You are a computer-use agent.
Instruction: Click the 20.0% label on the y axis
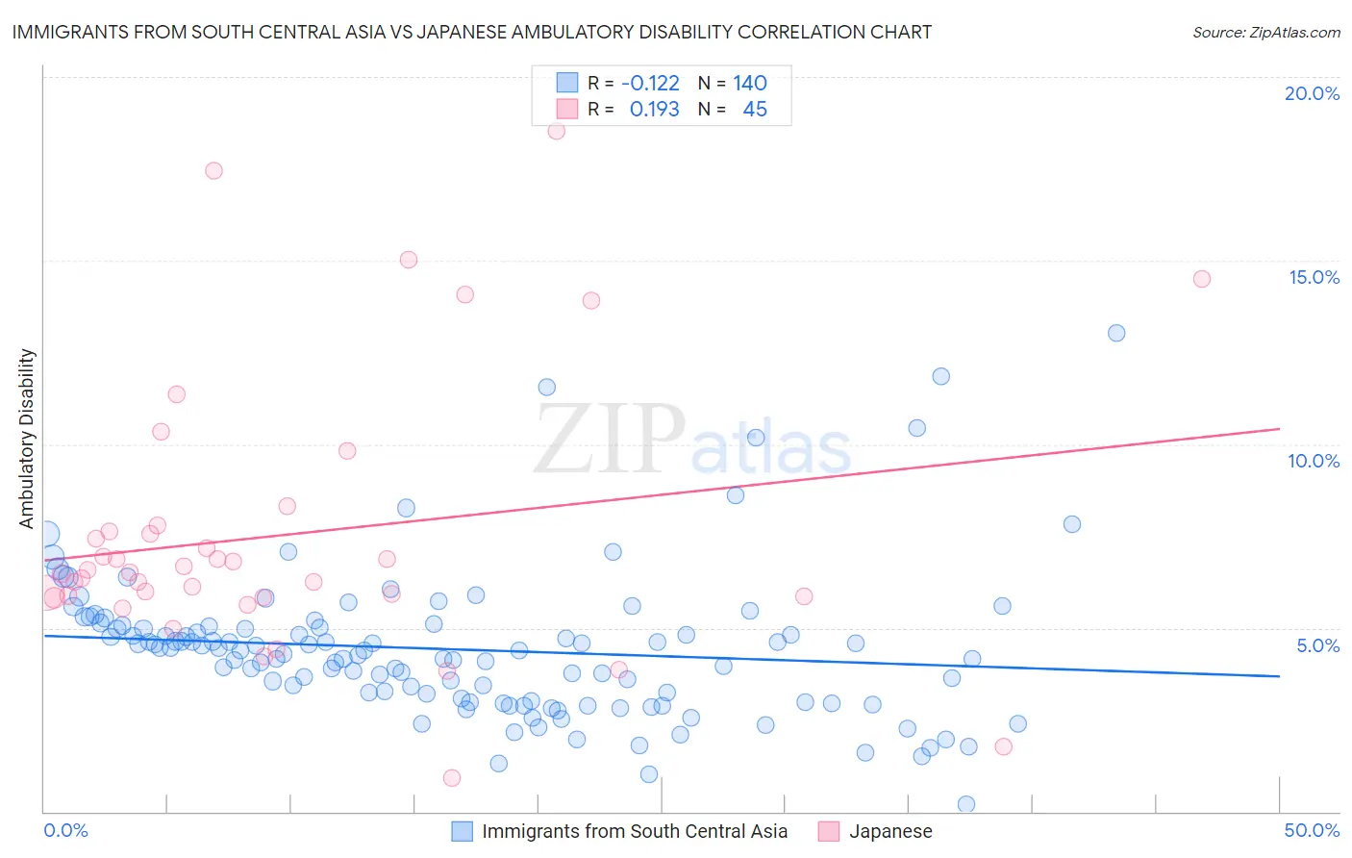pyautogui.click(x=1312, y=93)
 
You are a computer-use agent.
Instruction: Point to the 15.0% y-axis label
pyautogui.click(x=1314, y=277)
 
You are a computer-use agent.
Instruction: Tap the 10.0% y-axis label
pyautogui.click(x=1314, y=461)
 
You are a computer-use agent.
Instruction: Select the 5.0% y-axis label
pyautogui.click(x=1317, y=645)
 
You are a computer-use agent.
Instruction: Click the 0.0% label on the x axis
pyautogui.click(x=65, y=830)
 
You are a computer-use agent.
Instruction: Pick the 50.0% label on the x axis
pyautogui.click(x=1312, y=830)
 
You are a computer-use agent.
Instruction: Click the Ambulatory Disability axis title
pyautogui.click(x=27, y=439)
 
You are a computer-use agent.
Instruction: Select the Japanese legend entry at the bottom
pyautogui.click(x=889, y=831)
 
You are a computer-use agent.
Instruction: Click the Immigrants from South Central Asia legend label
pyautogui.click(x=634, y=831)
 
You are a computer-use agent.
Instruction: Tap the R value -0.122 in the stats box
pyautogui.click(x=650, y=84)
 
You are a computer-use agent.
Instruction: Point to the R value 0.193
pyautogui.click(x=654, y=110)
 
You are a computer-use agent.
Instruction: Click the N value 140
pyautogui.click(x=750, y=84)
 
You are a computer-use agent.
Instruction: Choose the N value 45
pyautogui.click(x=755, y=110)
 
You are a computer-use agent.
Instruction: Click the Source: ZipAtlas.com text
pyautogui.click(x=1265, y=32)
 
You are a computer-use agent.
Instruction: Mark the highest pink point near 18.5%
pyautogui.click(x=556, y=131)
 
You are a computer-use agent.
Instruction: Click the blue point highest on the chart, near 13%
pyautogui.click(x=1116, y=333)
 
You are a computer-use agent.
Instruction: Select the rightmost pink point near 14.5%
pyautogui.click(x=1201, y=279)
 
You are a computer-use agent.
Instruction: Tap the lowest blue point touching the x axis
pyautogui.click(x=966, y=804)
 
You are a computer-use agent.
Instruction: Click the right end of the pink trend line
pyautogui.click(x=1279, y=428)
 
